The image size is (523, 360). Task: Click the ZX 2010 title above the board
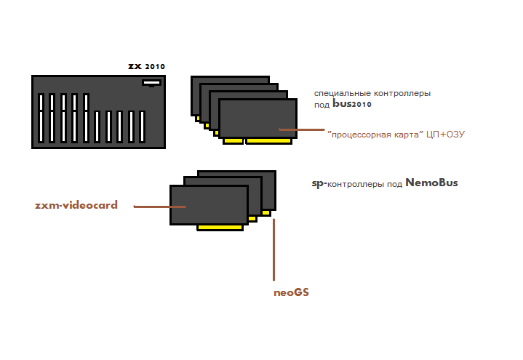146,66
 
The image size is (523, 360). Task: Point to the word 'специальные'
342,94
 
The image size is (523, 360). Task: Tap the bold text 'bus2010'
352,105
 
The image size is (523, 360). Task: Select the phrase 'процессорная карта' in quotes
375,135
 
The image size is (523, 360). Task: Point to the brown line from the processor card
301,130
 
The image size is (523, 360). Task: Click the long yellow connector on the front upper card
271,141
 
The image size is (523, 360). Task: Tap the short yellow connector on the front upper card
233,141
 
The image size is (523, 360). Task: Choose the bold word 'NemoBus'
431,183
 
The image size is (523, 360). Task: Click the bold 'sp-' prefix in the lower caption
318,184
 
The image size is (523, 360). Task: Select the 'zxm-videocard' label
76,205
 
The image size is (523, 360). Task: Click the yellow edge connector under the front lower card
220,228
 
